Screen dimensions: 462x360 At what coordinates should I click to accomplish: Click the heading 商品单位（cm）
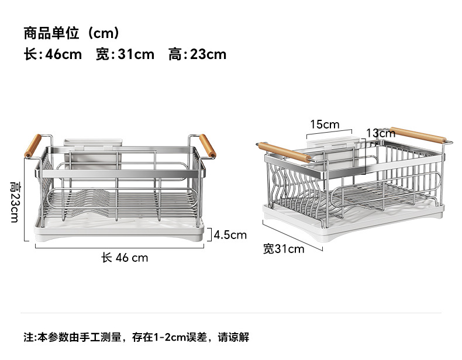pyautogui.click(x=71, y=32)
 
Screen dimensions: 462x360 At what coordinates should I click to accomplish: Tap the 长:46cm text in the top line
pyautogui.click(x=53, y=54)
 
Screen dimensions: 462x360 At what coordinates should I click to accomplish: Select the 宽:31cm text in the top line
pyautogui.click(x=125, y=54)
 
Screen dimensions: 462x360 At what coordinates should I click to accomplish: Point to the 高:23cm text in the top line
pyautogui.click(x=197, y=54)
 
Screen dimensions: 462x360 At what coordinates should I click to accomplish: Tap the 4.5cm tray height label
pyautogui.click(x=230, y=235)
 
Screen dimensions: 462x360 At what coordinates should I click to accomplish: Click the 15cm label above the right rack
pyautogui.click(x=325, y=124)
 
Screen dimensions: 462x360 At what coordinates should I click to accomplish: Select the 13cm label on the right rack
pyautogui.click(x=381, y=134)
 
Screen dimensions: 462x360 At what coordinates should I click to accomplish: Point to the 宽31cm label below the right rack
pyautogui.click(x=284, y=250)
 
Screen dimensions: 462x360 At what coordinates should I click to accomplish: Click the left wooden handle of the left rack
pyautogui.click(x=33, y=146)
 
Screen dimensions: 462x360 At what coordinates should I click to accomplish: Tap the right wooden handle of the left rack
pyautogui.click(x=208, y=146)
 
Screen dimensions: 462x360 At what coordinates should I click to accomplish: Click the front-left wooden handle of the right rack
pyautogui.click(x=284, y=152)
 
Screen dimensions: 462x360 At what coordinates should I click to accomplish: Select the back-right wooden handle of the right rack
pyautogui.click(x=418, y=135)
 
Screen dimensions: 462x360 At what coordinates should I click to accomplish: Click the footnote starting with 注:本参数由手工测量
pyautogui.click(x=136, y=337)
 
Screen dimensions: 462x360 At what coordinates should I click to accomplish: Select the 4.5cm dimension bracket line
pyautogui.click(x=209, y=234)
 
